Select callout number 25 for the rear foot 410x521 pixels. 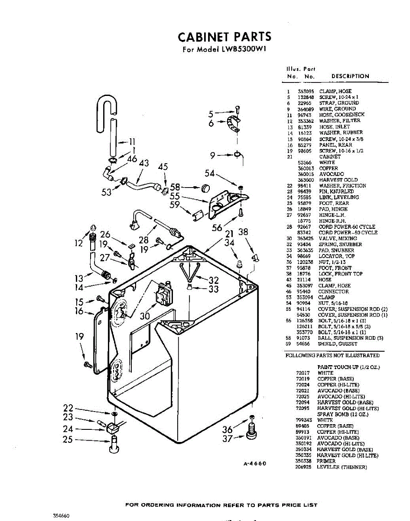(x=67, y=440)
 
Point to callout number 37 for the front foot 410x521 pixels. (x=228, y=439)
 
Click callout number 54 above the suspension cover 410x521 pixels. (x=210, y=173)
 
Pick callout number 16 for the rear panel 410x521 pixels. (x=79, y=311)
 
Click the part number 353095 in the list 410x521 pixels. (x=306, y=92)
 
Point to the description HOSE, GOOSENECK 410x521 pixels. (x=342, y=115)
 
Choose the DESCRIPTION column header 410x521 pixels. (x=350, y=76)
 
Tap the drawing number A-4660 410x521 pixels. (x=254, y=464)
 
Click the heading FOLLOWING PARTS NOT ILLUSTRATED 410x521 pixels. (x=332, y=356)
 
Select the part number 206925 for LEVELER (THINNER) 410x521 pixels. (x=303, y=467)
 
